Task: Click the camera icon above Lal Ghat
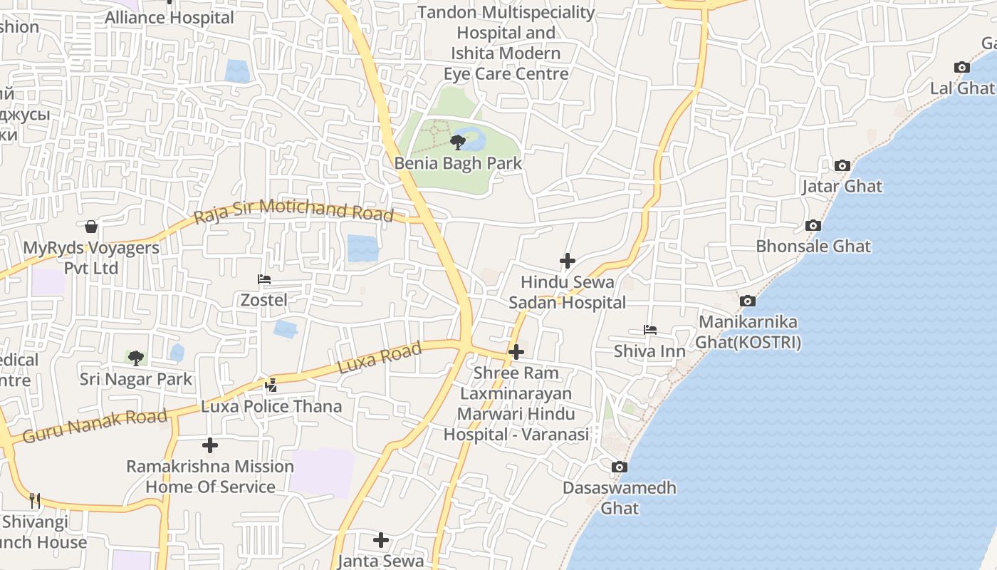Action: [962, 68]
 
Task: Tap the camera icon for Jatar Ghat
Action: [842, 166]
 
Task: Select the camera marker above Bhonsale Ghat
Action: [813, 226]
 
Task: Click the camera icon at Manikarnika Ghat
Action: [747, 301]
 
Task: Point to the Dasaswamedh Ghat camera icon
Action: [620, 467]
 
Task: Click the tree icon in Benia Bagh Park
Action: [458, 142]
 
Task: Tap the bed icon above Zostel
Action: [264, 279]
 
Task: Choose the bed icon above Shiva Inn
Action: [650, 331]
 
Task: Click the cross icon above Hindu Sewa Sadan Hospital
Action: [568, 261]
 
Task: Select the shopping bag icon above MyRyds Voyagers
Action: [91, 227]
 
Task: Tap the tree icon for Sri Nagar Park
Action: [136, 358]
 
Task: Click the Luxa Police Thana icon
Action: [271, 386]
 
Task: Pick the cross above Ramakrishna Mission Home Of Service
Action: [210, 446]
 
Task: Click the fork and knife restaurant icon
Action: [34, 501]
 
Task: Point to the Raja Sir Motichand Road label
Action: [293, 210]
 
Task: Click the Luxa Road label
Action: [380, 358]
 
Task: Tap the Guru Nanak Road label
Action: [95, 425]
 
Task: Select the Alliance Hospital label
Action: [169, 18]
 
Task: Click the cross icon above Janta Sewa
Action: [382, 540]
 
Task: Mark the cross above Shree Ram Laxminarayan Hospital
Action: [516, 352]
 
